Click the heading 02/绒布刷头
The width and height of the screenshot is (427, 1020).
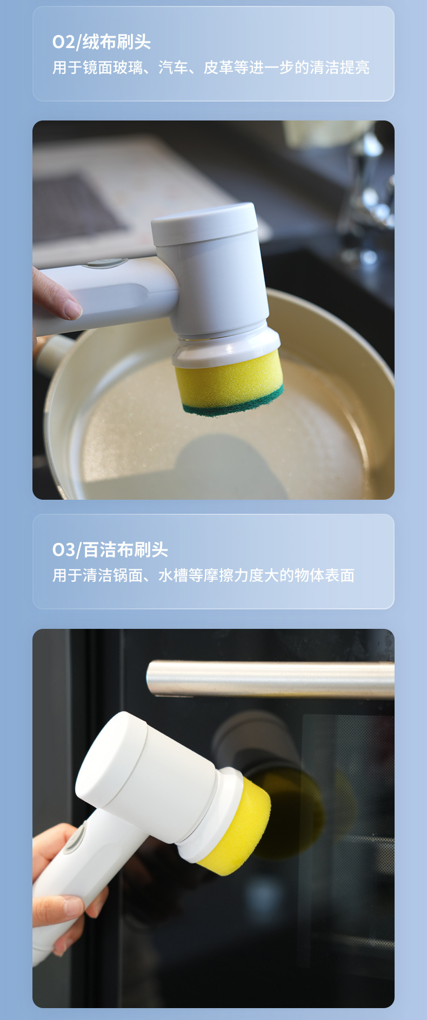click(101, 42)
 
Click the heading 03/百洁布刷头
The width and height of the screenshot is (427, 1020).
click(110, 550)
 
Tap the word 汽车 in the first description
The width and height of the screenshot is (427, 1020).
click(173, 68)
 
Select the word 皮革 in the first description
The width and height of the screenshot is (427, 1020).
click(218, 68)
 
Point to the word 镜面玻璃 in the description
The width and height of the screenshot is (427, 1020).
click(113, 68)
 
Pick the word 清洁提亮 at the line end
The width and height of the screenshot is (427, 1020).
click(339, 68)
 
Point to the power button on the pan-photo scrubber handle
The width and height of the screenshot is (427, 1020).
click(105, 263)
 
